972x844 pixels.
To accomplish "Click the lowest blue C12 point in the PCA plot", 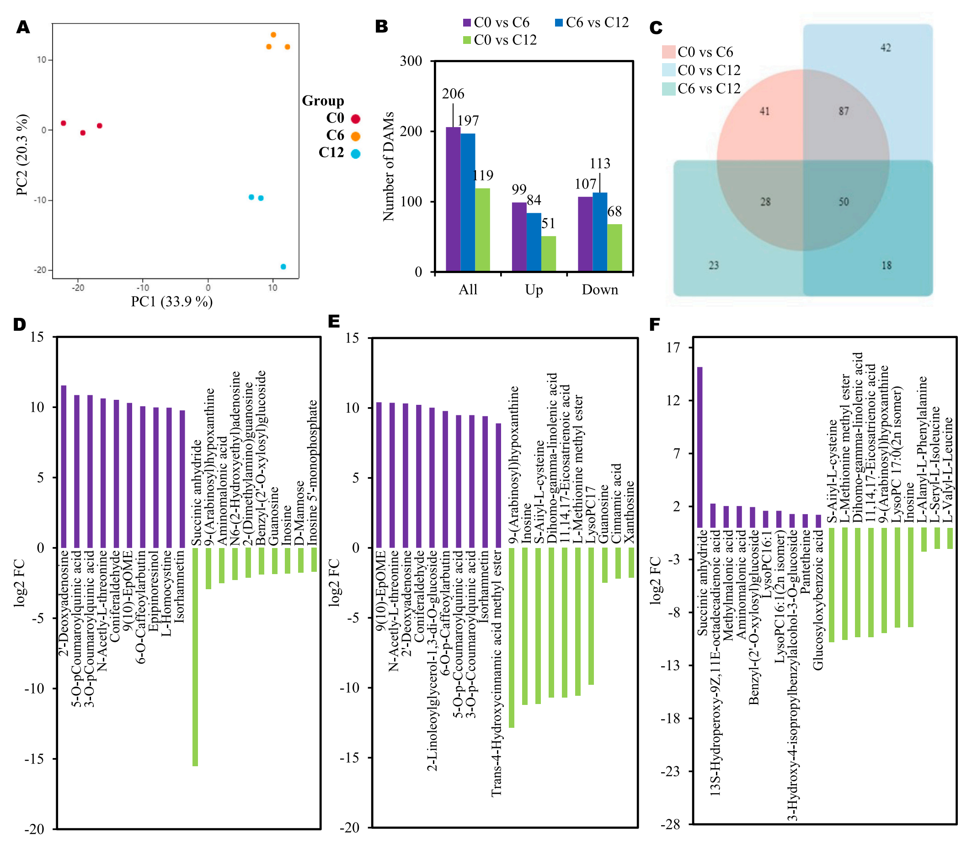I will (x=283, y=267).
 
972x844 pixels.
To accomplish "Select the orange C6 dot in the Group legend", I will (x=355, y=136).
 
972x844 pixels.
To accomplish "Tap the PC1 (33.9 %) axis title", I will (x=171, y=301).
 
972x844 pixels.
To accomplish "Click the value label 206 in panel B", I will (x=453, y=94).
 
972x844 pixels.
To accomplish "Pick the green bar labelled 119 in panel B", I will (x=482, y=229).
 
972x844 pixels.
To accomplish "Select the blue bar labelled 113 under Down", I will (x=600, y=232).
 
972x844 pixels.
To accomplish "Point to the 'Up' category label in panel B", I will (x=534, y=290).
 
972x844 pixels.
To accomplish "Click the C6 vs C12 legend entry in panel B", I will (x=592, y=22).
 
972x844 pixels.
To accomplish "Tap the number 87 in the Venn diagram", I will (x=844, y=111).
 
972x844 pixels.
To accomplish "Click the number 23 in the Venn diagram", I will (x=714, y=265).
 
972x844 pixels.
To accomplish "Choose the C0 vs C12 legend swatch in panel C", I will (x=668, y=70).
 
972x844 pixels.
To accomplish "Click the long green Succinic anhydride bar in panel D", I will (x=195, y=656).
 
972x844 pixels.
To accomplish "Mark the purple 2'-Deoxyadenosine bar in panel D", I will (x=64, y=466).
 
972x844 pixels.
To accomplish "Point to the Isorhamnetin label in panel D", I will (x=179, y=587).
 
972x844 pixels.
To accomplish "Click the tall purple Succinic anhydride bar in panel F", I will (x=700, y=447).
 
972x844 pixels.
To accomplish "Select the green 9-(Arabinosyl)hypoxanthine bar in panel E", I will (x=512, y=638).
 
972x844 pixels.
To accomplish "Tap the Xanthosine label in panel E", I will (x=629, y=511).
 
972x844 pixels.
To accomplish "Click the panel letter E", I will (x=334, y=321).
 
